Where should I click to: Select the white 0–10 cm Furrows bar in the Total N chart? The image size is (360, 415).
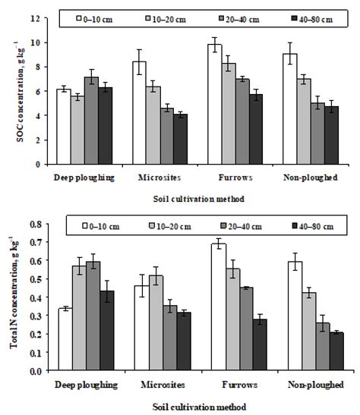(218, 307)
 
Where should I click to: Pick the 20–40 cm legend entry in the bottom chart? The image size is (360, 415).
(243, 225)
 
